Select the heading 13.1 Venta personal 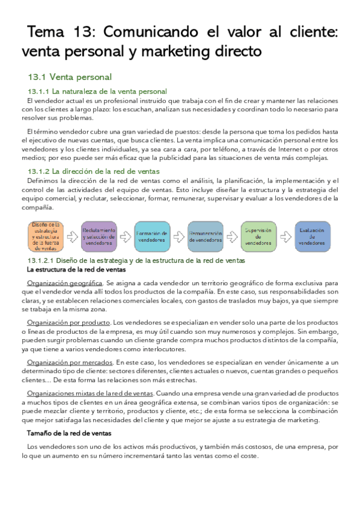coord(70,77)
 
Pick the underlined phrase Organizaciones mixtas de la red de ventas coord(90,393)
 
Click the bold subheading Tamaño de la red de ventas coord(69,433)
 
